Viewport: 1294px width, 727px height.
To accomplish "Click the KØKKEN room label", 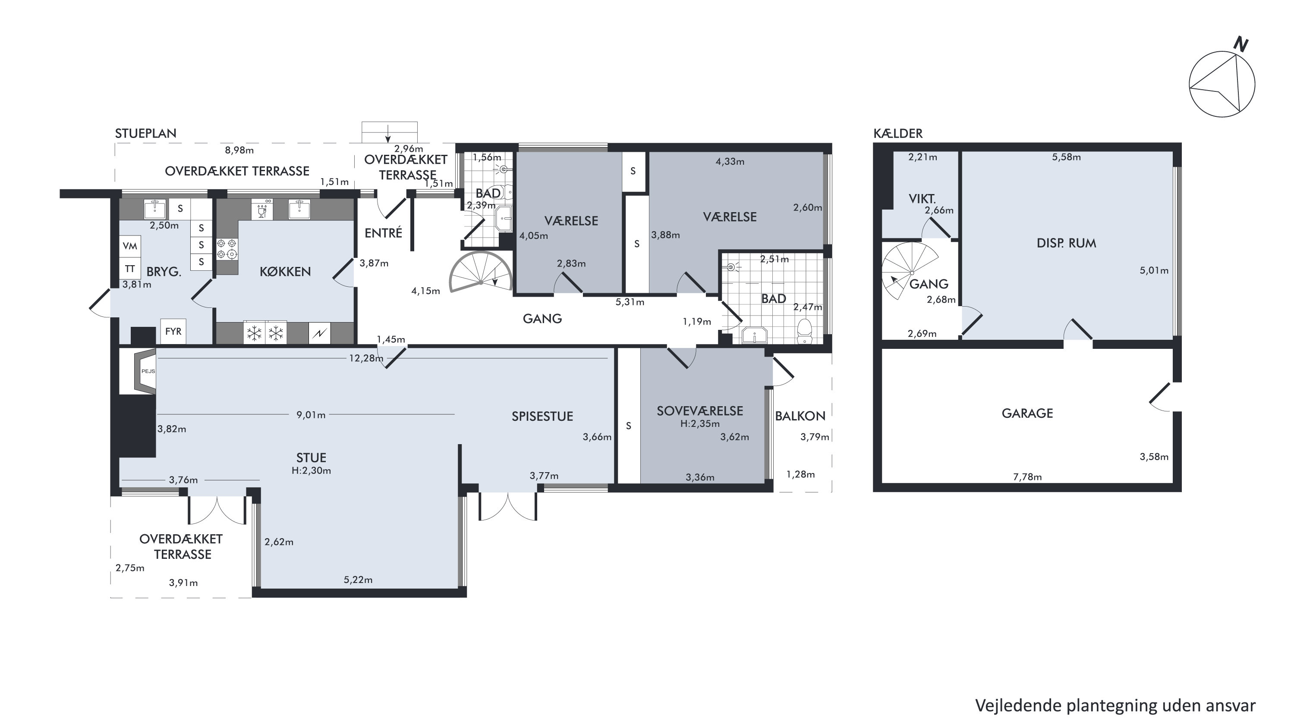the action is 285,272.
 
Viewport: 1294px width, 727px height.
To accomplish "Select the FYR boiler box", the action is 173,331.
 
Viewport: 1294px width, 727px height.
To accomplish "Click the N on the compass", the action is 1241,45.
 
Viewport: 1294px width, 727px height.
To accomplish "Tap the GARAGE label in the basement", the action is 1027,413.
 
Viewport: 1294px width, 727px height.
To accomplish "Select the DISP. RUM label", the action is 1067,243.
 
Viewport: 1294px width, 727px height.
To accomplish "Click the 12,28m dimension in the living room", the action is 366,358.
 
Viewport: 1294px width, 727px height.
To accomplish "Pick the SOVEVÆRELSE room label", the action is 700,411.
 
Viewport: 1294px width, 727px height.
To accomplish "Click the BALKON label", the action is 800,416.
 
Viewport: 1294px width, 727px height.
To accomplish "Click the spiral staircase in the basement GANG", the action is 910,272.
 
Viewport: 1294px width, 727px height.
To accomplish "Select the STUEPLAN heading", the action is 146,133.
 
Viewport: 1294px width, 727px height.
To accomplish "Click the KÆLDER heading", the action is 898,133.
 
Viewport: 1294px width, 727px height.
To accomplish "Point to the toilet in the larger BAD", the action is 804,330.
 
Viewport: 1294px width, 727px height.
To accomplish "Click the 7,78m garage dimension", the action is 1027,477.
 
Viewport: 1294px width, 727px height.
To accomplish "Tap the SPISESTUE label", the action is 542,416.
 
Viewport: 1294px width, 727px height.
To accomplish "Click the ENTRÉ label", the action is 383,233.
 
